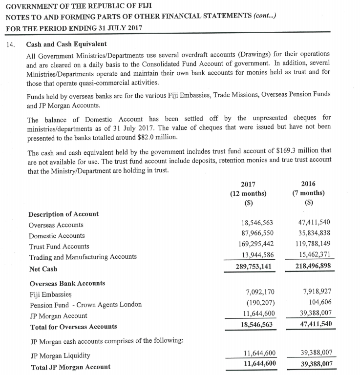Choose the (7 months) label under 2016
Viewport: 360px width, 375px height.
click(x=308, y=193)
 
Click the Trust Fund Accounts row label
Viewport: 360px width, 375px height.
click(x=59, y=247)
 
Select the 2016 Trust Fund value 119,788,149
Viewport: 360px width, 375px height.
click(x=314, y=243)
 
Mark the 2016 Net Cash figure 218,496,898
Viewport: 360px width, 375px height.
click(x=314, y=266)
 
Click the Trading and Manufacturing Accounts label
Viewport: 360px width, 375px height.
click(x=83, y=257)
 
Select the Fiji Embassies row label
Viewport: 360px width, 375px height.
click(x=51, y=294)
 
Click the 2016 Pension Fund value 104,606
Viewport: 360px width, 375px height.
click(x=320, y=302)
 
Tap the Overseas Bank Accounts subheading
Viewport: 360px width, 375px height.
click(x=67, y=283)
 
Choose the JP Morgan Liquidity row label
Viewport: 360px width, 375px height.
click(x=60, y=355)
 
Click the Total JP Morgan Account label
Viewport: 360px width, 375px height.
click(x=70, y=367)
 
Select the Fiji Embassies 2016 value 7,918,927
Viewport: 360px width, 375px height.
click(x=317, y=292)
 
